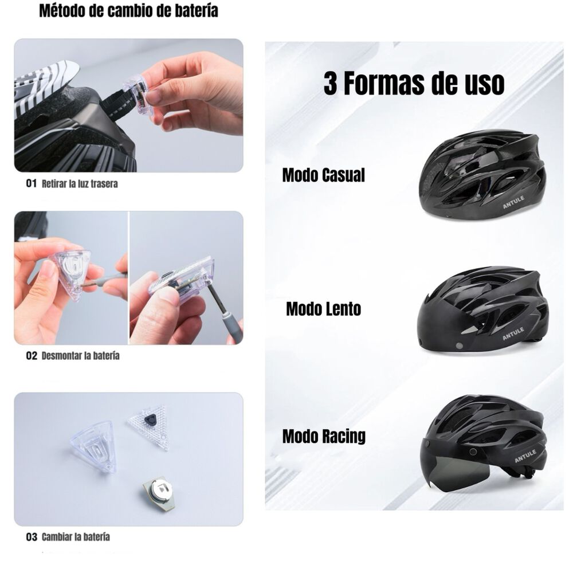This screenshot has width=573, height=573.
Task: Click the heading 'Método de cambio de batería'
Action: tap(128, 12)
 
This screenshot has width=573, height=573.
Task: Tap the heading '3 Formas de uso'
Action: tap(414, 84)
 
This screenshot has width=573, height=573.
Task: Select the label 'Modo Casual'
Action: tap(323, 175)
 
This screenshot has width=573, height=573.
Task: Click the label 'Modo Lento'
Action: tap(323, 309)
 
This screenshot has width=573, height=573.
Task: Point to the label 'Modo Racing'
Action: tap(324, 436)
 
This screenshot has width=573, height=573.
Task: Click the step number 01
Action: tap(31, 184)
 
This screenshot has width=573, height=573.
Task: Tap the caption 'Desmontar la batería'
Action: tap(80, 356)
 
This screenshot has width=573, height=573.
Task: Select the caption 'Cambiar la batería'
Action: tap(76, 537)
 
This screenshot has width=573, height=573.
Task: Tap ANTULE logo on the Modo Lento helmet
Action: tap(513, 334)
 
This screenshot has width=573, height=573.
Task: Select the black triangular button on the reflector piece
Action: tap(151, 421)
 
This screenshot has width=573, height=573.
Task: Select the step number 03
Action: tap(31, 537)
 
